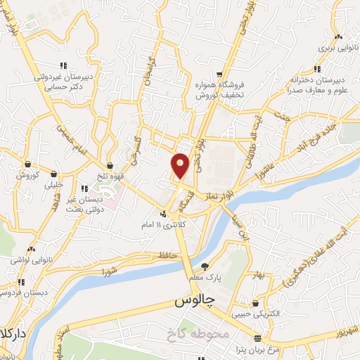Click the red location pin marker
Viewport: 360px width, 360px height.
click(180, 165)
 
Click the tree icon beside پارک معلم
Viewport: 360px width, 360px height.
click(205, 266)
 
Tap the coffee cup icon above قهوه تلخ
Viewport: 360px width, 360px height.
click(112, 166)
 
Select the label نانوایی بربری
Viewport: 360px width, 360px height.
click(338, 49)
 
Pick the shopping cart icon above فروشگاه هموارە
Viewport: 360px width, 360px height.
click(219, 74)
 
